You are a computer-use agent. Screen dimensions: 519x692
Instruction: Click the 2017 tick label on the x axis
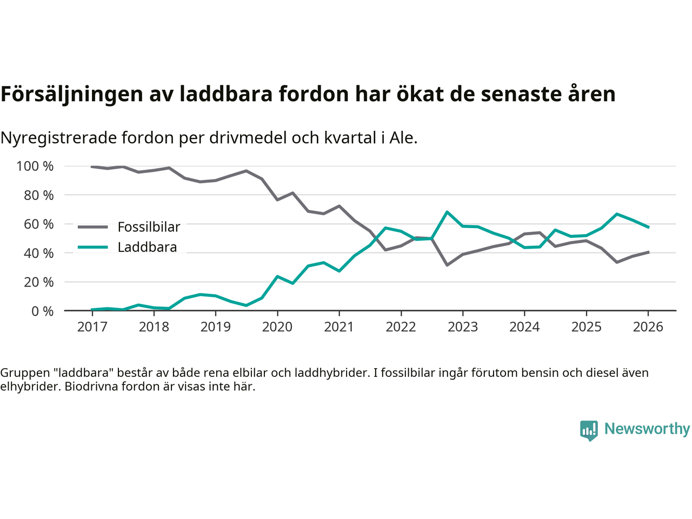click(x=92, y=327)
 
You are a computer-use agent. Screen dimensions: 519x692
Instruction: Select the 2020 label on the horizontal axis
click(x=277, y=327)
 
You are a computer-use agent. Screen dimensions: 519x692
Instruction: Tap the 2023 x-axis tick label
click(x=463, y=327)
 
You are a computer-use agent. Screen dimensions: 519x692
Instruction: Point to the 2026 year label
click(x=648, y=327)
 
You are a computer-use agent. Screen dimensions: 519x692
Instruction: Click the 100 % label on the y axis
click(x=35, y=166)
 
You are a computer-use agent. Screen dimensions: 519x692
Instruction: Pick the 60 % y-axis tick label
click(x=38, y=224)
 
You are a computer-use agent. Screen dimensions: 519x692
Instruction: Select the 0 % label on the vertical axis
click(x=42, y=311)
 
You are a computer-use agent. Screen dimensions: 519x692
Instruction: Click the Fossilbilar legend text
click(x=149, y=227)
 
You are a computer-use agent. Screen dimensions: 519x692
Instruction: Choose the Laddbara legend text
click(x=147, y=248)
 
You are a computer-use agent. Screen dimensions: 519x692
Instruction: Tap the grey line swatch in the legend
click(x=92, y=227)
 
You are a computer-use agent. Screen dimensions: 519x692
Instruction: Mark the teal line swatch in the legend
click(x=92, y=248)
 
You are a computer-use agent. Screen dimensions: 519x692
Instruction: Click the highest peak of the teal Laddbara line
click(x=447, y=212)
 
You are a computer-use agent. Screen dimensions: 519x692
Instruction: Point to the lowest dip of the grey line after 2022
click(x=447, y=265)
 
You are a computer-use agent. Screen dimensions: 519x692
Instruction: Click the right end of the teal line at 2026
click(x=648, y=227)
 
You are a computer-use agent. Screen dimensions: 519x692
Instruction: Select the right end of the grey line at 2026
click(x=648, y=252)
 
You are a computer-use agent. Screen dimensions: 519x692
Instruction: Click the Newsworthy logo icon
click(x=589, y=430)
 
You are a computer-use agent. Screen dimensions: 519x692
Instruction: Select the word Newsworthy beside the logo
click(x=647, y=429)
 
